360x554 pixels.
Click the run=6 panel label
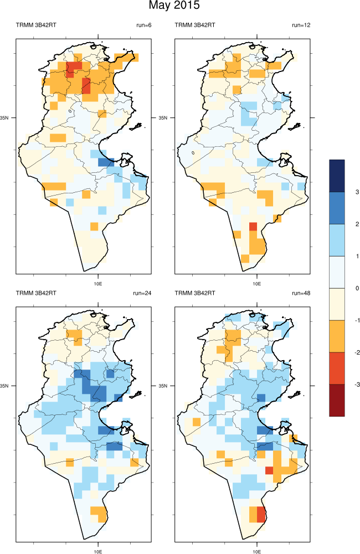[143, 25]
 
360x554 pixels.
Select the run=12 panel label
[302, 25]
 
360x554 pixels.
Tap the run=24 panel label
[143, 293]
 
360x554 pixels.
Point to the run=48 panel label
[302, 293]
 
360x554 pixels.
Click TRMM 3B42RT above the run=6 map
[35, 25]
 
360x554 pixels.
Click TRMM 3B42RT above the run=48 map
[194, 293]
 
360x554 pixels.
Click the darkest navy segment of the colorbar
[337, 176]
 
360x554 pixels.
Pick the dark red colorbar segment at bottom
[337, 399]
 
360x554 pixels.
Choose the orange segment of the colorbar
[337, 336]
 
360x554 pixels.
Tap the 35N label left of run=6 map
[6, 118]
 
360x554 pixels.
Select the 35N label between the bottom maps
[164, 385]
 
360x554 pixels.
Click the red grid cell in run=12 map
[253, 226]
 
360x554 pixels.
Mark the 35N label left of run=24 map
[6, 385]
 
